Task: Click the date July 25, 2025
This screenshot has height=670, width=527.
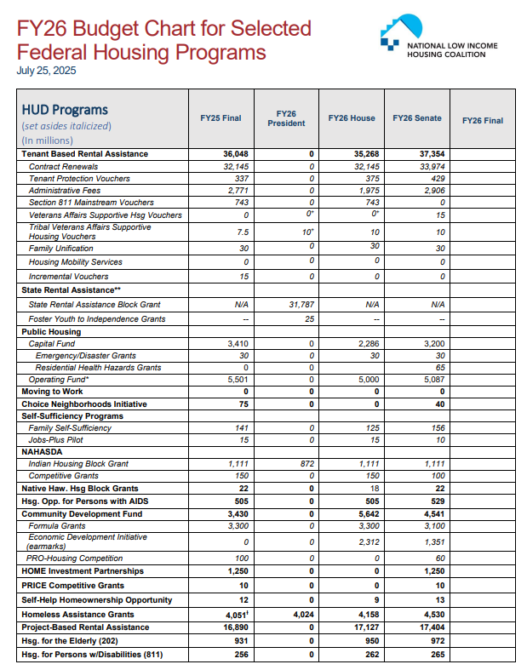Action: click(47, 71)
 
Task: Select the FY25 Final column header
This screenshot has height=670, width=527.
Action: click(221, 118)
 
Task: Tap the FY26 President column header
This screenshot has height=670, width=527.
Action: click(286, 118)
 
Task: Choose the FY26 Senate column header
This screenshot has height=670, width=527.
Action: click(416, 118)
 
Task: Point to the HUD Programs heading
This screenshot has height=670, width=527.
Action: click(65, 110)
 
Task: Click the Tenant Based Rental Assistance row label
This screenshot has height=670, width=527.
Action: click(84, 154)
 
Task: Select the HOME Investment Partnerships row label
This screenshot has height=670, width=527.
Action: click(83, 571)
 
